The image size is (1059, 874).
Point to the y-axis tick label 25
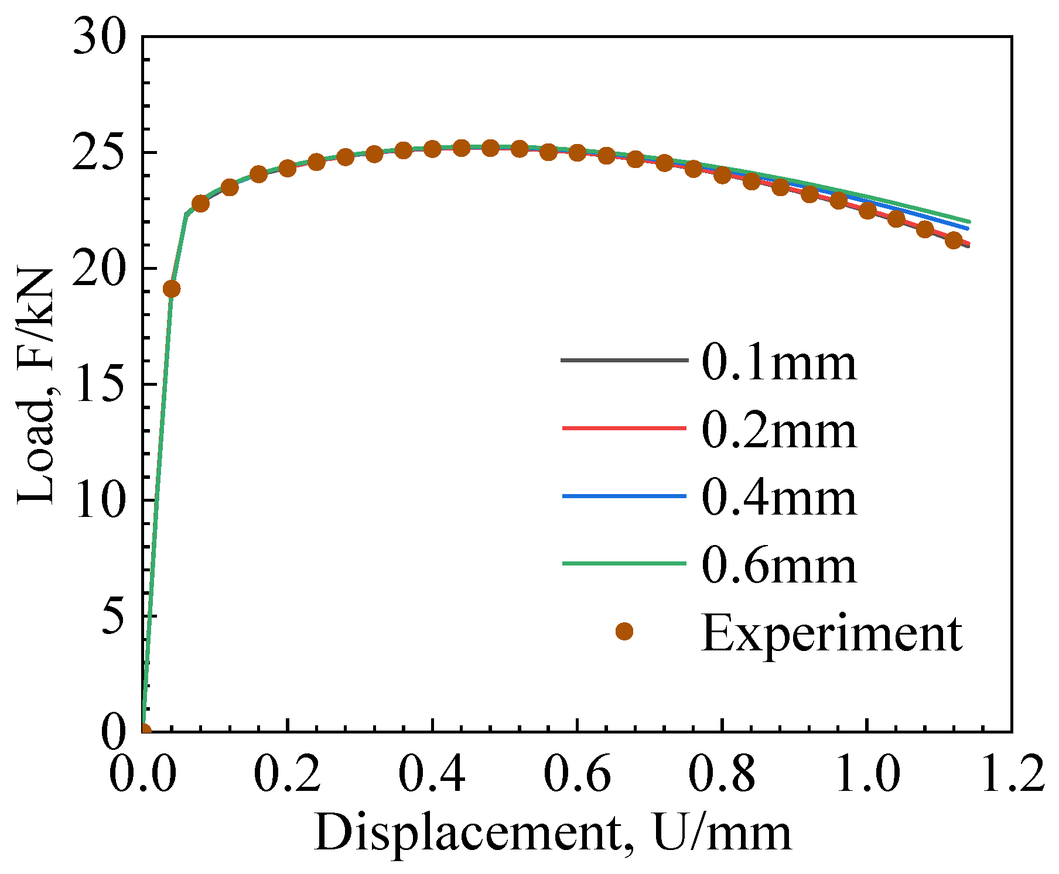click(100, 153)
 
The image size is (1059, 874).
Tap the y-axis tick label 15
click(100, 385)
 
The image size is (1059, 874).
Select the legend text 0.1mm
click(779, 363)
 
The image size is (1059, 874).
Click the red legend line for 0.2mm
click(624, 429)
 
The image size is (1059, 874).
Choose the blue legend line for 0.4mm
click(624, 496)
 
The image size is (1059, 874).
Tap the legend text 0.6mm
click(779, 567)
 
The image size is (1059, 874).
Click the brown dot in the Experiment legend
click(624, 632)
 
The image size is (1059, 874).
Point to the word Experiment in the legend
click(832, 634)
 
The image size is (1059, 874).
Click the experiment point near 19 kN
click(171, 289)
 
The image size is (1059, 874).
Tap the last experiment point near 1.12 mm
click(954, 240)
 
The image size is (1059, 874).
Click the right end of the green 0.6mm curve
click(969, 222)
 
